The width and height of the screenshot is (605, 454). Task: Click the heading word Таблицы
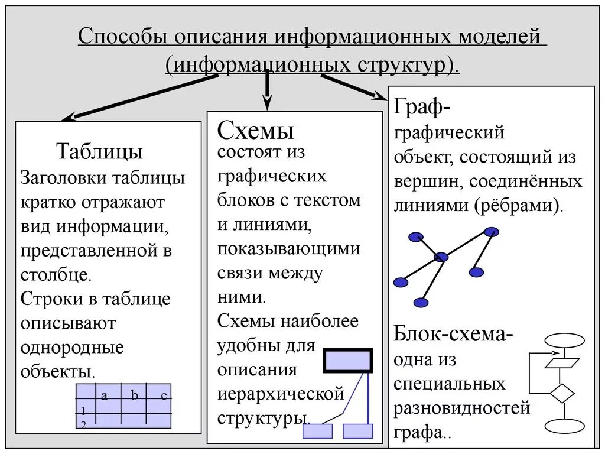(99, 151)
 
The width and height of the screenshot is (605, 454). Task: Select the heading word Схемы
(255, 129)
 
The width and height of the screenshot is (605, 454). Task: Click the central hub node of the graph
(441, 257)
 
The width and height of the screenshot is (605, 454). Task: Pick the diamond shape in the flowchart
(562, 393)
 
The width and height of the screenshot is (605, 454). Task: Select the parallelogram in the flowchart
(562, 362)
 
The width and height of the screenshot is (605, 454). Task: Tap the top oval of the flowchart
(564, 340)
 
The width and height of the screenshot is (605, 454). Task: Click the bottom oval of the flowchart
(564, 426)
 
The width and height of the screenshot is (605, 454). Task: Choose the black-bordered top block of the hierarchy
(348, 360)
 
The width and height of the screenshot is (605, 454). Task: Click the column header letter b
(134, 395)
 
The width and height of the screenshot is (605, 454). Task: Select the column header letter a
(104, 395)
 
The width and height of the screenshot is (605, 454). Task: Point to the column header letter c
(163, 395)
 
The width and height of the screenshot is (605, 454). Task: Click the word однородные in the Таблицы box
(72, 348)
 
